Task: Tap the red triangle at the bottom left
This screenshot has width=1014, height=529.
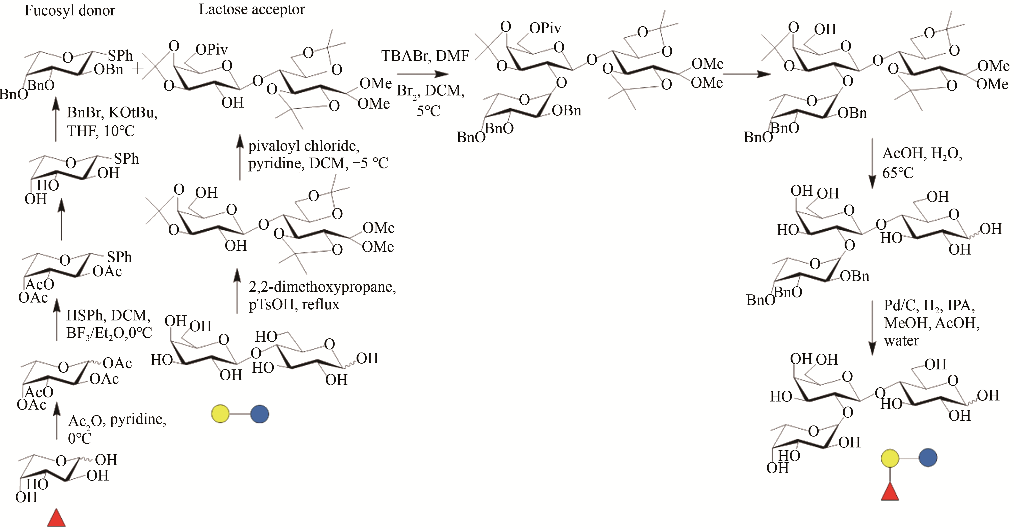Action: pyautogui.click(x=56, y=519)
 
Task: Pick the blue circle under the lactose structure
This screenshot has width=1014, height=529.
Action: pyautogui.click(x=259, y=414)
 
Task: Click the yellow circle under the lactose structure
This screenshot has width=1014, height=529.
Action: pyautogui.click(x=220, y=414)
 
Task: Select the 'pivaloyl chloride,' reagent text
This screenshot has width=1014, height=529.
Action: pyautogui.click(x=303, y=146)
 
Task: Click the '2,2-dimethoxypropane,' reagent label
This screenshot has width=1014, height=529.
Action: pyautogui.click(x=322, y=287)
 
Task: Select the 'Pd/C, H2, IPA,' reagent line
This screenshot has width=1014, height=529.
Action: pyautogui.click(x=929, y=306)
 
